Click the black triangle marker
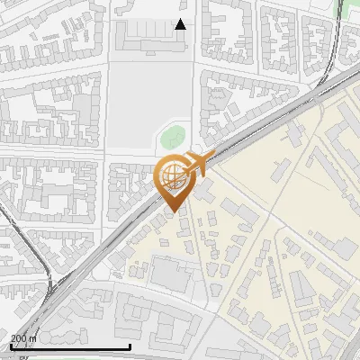181,24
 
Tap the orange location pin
173,181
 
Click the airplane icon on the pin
197,164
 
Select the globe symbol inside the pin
172,174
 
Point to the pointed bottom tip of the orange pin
173,211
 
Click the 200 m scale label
24,337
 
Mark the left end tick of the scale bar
10,345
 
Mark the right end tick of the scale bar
130,345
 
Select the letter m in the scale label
34,337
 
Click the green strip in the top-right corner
343,9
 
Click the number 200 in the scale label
20,337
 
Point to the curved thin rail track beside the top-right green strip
335,36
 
